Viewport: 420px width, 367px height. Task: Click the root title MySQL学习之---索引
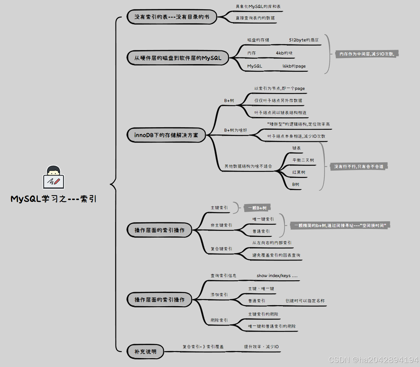click(x=54, y=199)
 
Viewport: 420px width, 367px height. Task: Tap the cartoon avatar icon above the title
click(x=54, y=177)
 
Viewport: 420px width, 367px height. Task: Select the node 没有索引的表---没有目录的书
click(x=172, y=17)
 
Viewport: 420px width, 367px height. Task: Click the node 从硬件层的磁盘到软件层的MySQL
click(x=178, y=58)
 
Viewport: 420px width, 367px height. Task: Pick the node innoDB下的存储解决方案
click(x=166, y=135)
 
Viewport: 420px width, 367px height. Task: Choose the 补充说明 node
click(x=145, y=352)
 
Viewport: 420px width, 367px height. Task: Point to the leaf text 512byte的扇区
click(x=304, y=40)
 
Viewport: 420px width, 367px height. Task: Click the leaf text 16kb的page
click(x=294, y=66)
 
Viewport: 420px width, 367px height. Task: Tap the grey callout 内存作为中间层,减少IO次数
click(x=367, y=54)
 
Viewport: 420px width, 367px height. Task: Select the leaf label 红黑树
click(x=298, y=172)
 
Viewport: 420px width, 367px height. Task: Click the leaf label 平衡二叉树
click(x=303, y=160)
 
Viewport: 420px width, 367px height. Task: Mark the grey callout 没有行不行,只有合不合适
click(x=358, y=166)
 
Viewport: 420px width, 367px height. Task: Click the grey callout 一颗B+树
click(x=257, y=208)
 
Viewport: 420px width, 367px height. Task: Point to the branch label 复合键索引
click(x=221, y=249)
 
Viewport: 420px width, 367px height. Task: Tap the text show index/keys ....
click(x=277, y=275)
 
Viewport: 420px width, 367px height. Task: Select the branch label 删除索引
click(x=219, y=320)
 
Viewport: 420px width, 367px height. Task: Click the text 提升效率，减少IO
click(x=261, y=347)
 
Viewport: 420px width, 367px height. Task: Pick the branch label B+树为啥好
click(x=235, y=130)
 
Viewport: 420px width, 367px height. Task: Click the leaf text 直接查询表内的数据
click(x=255, y=18)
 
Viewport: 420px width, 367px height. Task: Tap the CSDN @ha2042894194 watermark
click(x=373, y=360)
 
